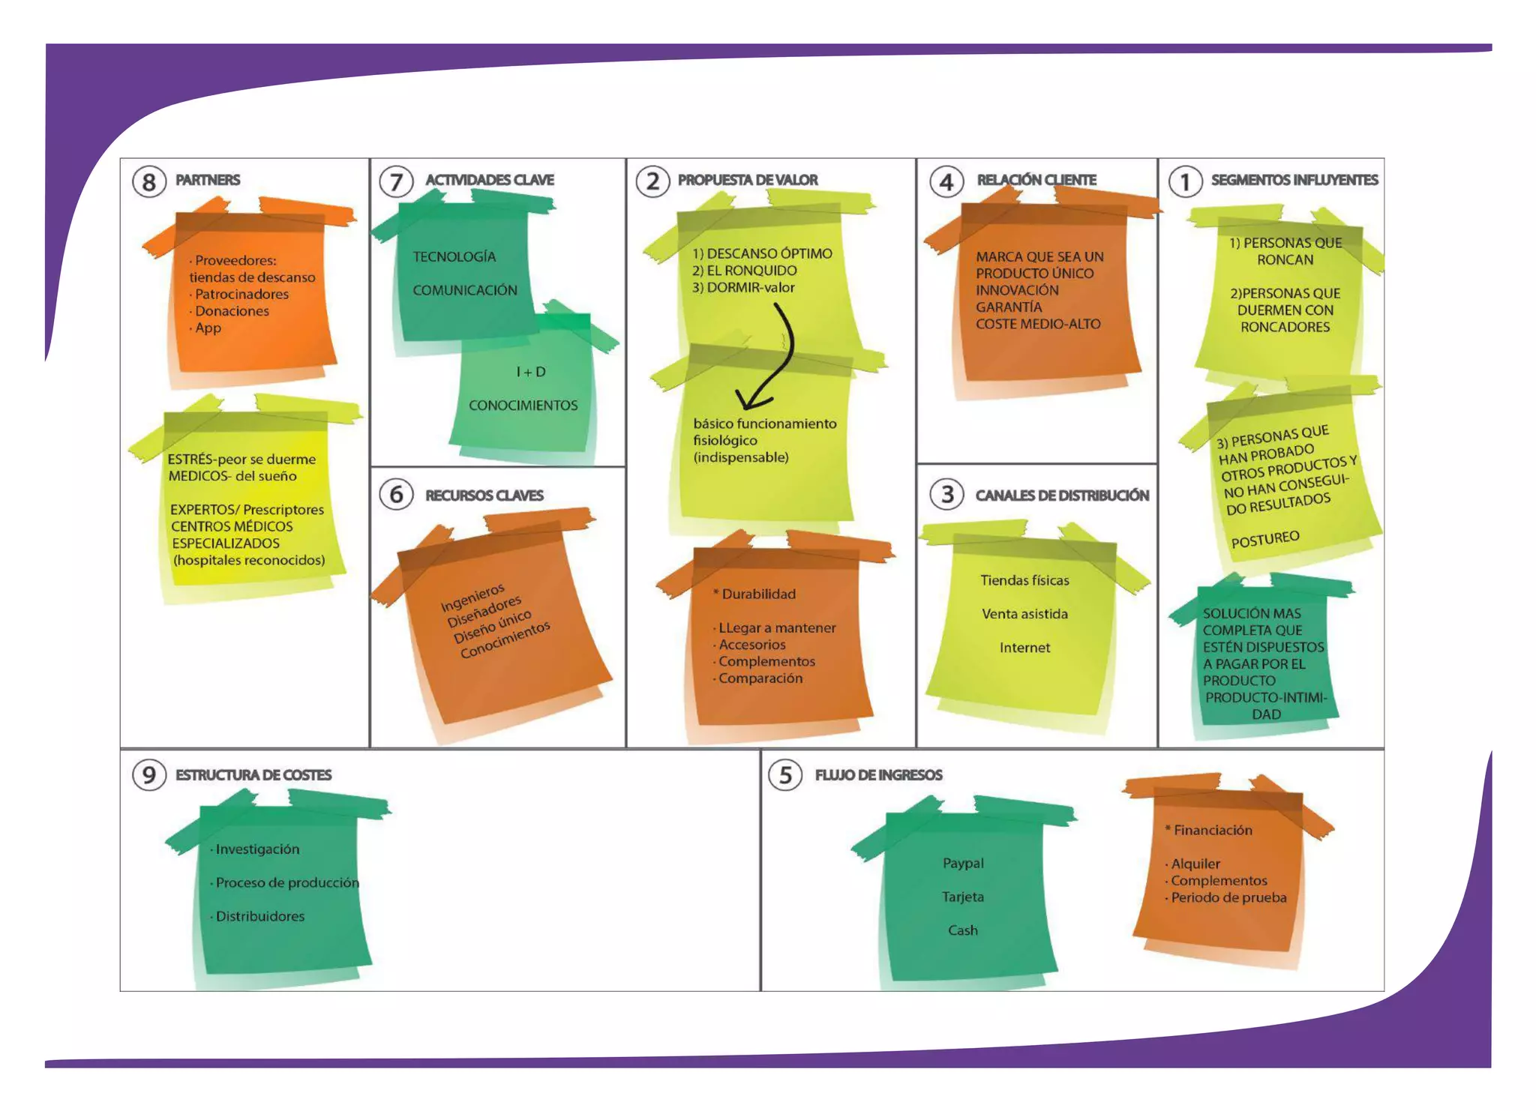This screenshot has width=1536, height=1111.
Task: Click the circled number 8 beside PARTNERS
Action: [x=148, y=181]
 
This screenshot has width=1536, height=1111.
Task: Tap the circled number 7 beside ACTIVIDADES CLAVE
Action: [x=396, y=181]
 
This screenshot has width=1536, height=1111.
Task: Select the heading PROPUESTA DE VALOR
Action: [x=747, y=180]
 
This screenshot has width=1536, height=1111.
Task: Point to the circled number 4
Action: [x=946, y=181]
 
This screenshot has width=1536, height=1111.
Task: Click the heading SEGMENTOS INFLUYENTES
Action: [x=1294, y=180]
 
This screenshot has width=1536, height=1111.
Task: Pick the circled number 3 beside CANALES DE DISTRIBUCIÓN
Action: [x=947, y=495]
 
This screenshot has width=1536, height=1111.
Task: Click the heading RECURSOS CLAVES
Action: [x=484, y=496]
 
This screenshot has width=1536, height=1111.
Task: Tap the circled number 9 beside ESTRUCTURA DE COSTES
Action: [x=148, y=774]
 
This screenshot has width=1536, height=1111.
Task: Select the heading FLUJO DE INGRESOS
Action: [x=878, y=775]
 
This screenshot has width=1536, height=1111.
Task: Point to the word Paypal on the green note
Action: [x=963, y=863]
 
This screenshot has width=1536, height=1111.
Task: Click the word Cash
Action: [x=963, y=930]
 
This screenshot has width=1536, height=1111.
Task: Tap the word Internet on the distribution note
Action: [x=1024, y=648]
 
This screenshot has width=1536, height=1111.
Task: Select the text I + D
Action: [x=531, y=372]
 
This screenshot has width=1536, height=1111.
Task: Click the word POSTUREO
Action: [x=1265, y=539]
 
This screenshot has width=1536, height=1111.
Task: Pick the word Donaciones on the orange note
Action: [x=232, y=311]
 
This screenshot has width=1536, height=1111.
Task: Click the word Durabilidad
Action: [x=758, y=594]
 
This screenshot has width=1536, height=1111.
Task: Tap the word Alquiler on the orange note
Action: [x=1195, y=864]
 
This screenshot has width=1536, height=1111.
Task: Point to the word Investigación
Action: [x=257, y=849]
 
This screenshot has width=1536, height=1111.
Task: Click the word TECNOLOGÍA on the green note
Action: [x=454, y=257]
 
